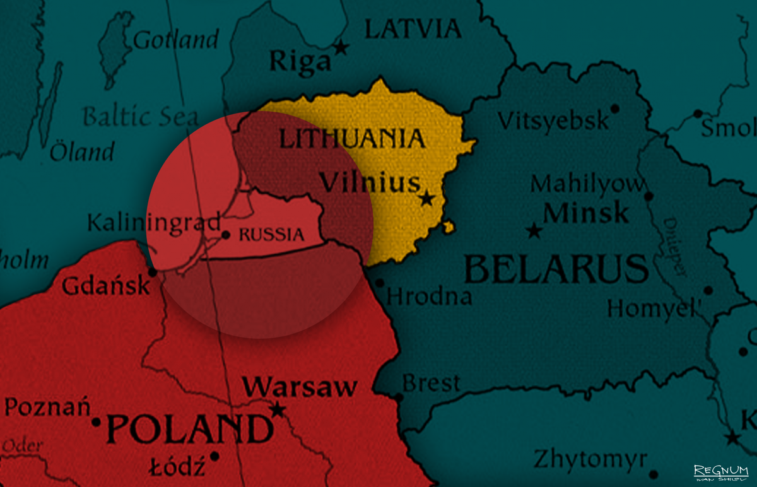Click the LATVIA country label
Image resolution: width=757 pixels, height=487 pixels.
[413, 28]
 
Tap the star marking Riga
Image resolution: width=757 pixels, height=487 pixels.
[341, 47]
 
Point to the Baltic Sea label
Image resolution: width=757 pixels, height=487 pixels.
[140, 117]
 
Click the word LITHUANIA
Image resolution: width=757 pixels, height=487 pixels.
[351, 139]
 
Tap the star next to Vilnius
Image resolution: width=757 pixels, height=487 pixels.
[427, 199]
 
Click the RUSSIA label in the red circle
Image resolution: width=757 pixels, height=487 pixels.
[272, 235]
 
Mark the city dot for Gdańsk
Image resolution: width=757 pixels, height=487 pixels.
[152, 272]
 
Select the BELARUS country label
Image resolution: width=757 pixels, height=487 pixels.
[556, 269]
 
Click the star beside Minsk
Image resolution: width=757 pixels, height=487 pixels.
[534, 231]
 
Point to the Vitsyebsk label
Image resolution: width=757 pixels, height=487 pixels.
[553, 120]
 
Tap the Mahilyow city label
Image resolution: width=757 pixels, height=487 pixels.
[588, 184]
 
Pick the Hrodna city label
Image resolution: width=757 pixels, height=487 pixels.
[429, 296]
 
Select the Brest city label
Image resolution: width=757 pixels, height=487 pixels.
[431, 383]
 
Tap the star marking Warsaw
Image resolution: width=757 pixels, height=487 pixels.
[277, 410]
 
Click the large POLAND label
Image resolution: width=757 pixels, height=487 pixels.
[189, 429]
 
